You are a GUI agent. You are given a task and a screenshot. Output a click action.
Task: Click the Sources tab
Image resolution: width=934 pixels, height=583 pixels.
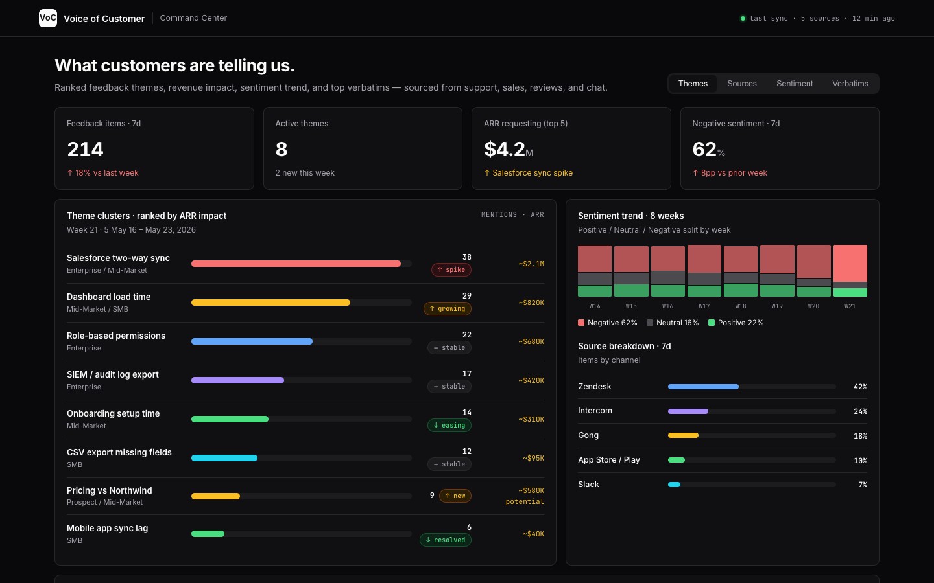(x=742, y=84)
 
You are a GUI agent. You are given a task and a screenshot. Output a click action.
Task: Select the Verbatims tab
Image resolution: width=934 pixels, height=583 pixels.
(x=850, y=84)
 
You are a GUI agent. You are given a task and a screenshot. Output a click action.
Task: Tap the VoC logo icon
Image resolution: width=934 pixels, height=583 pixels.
(x=48, y=18)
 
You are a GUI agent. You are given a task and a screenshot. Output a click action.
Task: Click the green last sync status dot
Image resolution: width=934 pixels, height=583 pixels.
(x=743, y=18)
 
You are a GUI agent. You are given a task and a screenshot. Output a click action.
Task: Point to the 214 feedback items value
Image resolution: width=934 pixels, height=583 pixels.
(x=85, y=149)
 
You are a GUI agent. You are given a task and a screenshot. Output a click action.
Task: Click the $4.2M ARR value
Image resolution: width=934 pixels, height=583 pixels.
(x=509, y=149)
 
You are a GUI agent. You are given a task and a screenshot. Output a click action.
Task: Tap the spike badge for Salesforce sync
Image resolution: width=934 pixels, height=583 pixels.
(x=451, y=270)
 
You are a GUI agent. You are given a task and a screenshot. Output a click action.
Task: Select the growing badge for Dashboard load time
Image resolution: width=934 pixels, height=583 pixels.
(x=448, y=308)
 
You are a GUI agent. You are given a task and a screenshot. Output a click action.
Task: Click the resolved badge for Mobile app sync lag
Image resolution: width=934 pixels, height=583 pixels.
(x=446, y=540)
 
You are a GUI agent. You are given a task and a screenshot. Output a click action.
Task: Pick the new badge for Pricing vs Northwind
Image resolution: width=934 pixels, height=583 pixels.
(x=455, y=496)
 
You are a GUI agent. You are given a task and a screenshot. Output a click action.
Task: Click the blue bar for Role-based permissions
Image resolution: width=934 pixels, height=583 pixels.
(x=252, y=341)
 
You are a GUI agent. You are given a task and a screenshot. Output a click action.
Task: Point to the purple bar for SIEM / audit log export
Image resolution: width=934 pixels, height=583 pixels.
(x=237, y=380)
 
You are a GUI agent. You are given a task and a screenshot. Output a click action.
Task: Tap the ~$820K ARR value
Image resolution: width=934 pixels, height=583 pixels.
(x=531, y=303)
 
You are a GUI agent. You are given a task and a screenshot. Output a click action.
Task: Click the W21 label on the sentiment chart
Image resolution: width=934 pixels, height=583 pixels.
(x=850, y=306)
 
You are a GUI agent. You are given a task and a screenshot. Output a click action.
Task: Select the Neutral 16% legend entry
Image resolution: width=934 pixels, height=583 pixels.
(x=673, y=323)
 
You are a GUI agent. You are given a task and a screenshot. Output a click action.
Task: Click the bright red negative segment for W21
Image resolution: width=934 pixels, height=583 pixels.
(x=850, y=263)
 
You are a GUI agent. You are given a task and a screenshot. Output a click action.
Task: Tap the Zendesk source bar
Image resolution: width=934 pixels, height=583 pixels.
(x=703, y=387)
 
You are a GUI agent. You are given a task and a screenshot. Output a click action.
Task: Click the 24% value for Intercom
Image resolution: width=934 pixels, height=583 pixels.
(x=860, y=411)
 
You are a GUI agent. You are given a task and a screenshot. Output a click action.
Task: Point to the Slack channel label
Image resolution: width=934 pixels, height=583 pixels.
(x=588, y=485)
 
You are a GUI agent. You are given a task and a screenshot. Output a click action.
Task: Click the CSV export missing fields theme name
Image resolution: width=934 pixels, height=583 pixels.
(x=119, y=452)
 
